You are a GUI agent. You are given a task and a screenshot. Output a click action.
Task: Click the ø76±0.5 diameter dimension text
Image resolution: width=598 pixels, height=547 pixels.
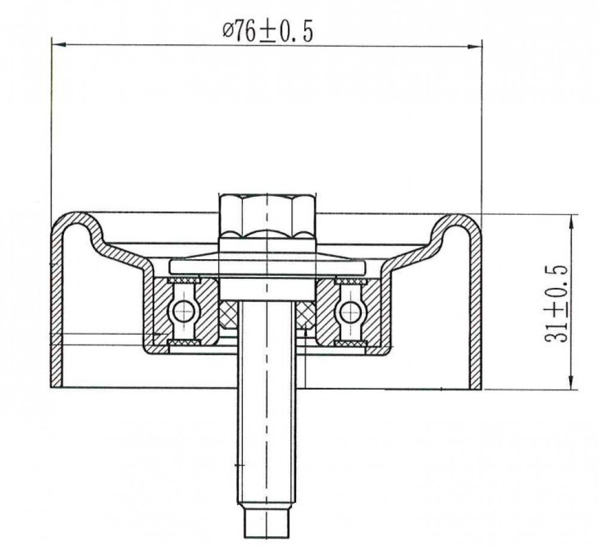tap(268, 32)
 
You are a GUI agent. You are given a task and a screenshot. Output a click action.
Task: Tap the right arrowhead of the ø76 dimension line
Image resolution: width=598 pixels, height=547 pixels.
tap(475, 47)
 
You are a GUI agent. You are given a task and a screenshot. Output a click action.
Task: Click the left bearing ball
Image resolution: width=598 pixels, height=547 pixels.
tap(184, 311)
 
